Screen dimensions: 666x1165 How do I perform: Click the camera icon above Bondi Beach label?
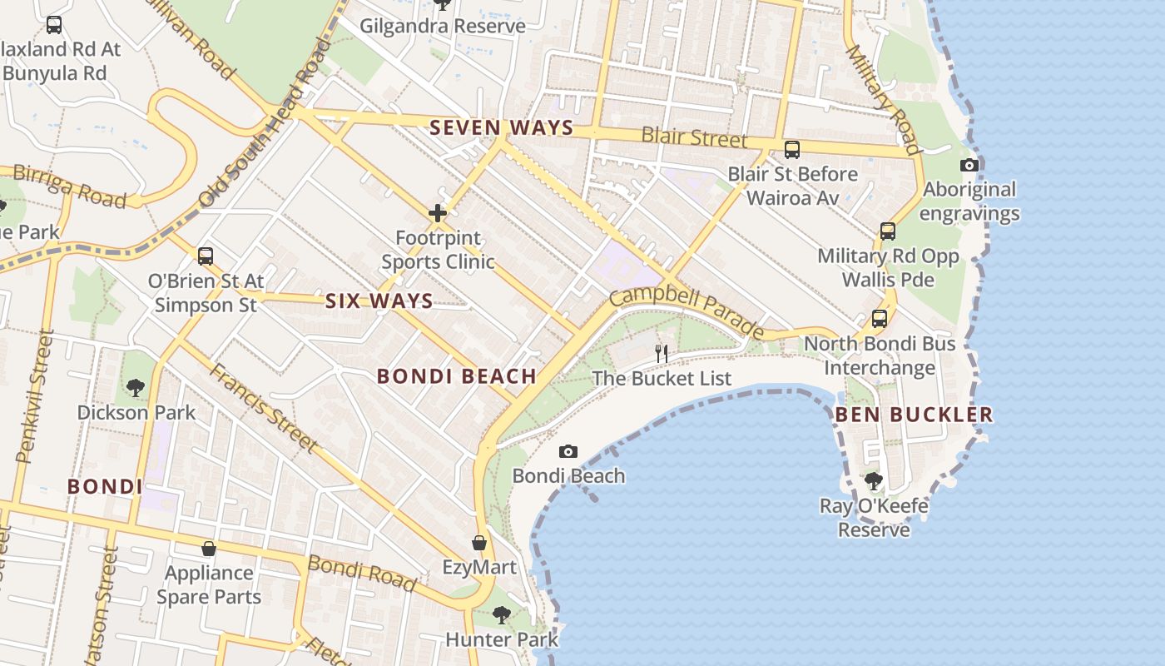click(x=568, y=451)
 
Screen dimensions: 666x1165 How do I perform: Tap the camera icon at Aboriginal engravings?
click(x=969, y=165)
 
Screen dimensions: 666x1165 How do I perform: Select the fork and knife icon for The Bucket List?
click(x=662, y=353)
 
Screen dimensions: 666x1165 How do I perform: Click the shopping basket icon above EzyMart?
click(x=479, y=543)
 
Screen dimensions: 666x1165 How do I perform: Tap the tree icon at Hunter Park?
click(x=501, y=614)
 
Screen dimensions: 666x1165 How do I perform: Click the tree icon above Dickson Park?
click(x=136, y=387)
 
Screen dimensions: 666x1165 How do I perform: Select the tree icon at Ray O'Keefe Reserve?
click(x=873, y=480)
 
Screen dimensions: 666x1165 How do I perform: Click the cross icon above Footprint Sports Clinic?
click(x=438, y=213)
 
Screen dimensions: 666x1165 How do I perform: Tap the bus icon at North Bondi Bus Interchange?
click(x=880, y=318)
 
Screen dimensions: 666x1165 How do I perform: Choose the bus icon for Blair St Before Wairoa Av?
click(x=792, y=150)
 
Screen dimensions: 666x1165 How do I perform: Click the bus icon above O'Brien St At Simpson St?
click(x=206, y=256)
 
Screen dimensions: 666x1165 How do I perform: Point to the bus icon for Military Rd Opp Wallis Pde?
click(x=888, y=231)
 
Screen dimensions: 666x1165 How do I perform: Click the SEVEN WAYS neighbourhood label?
click(x=502, y=127)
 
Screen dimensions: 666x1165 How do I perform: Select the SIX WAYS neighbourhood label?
click(x=379, y=301)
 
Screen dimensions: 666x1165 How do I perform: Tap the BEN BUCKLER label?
click(x=914, y=414)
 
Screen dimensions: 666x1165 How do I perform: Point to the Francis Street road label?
click(x=262, y=408)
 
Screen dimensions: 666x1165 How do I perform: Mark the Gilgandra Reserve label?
click(x=442, y=26)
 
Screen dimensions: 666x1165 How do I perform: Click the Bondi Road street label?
click(x=362, y=573)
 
